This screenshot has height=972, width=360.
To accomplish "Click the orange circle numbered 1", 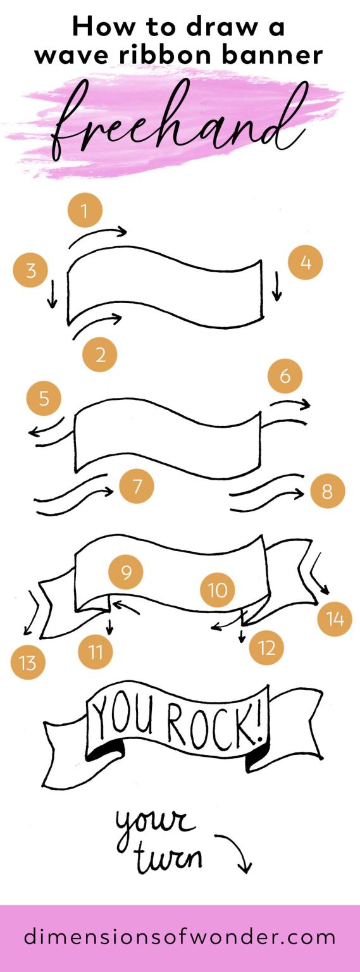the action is tap(85, 210).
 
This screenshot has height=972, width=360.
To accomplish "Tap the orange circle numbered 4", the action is tap(306, 262).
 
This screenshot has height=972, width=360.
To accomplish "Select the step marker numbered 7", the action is tap(137, 485).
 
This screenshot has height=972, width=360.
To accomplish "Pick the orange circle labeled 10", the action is tap(217, 590).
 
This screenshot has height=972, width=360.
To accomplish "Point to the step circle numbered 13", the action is tap(28, 663).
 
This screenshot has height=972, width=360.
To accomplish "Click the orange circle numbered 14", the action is tap(335, 618).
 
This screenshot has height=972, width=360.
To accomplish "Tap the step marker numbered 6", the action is tap(285, 375).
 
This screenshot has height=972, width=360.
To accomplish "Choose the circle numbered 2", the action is tap(100, 354).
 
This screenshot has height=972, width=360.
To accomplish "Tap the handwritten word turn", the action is tap(170, 857).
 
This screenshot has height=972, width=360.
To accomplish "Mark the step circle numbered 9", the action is tap(126, 572).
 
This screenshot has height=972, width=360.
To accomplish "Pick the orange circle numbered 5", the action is tap(44, 398).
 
